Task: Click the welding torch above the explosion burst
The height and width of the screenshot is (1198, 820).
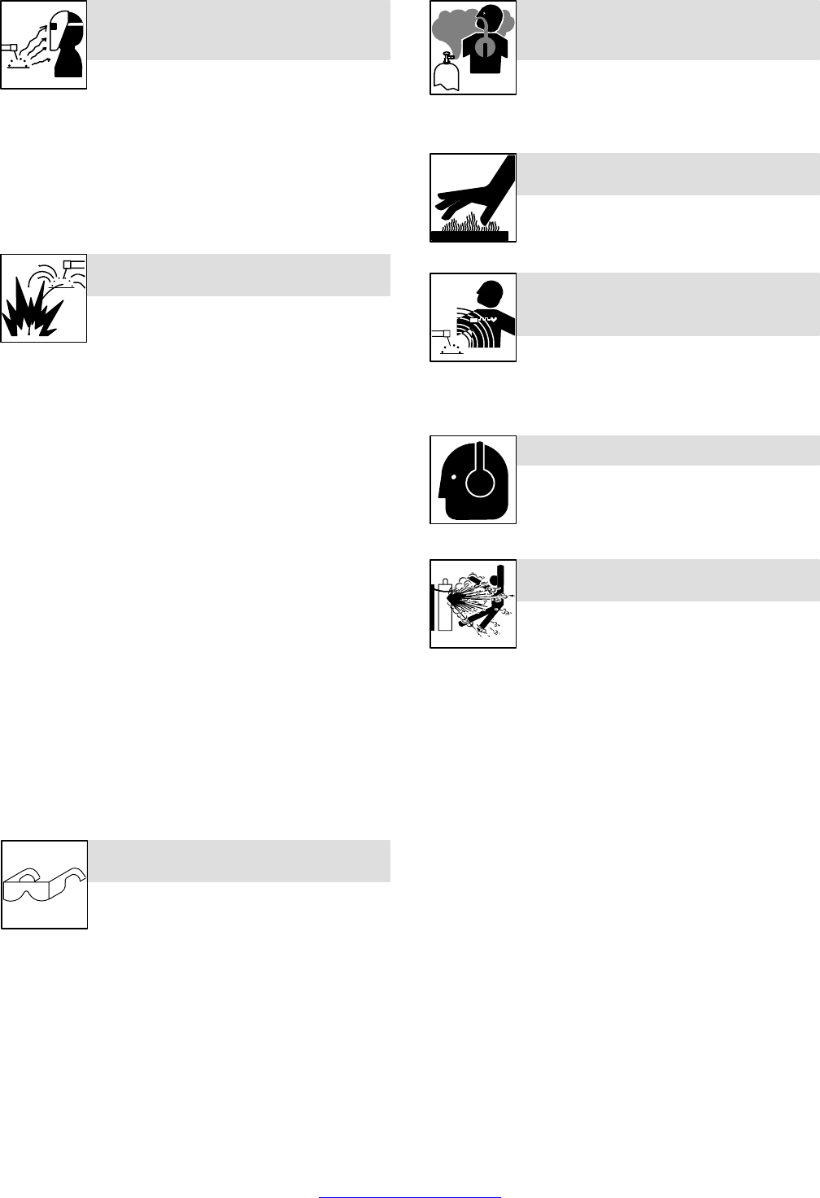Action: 74,264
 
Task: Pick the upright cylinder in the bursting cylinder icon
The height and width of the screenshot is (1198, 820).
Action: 445,604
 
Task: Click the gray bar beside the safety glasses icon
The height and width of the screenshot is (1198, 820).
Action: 238,861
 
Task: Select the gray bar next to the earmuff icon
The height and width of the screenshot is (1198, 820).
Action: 668,450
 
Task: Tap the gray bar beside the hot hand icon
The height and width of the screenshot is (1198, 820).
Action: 668,174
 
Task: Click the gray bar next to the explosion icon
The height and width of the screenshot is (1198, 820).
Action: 238,275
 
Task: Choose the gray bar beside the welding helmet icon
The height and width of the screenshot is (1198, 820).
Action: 238,30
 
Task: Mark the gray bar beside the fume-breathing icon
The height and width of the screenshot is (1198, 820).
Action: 668,30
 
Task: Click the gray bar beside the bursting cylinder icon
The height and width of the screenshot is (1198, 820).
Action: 668,580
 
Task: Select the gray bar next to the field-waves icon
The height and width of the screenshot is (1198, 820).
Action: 668,304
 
